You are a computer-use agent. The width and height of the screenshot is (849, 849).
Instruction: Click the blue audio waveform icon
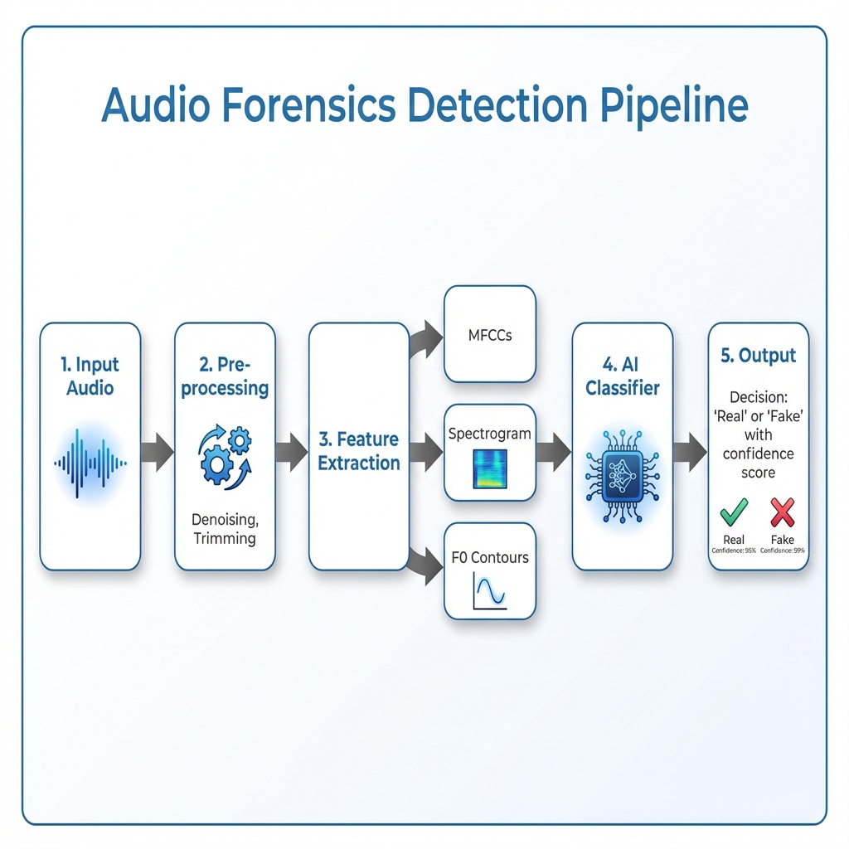coord(90,463)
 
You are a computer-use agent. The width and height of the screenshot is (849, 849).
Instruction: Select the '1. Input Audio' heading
coord(90,376)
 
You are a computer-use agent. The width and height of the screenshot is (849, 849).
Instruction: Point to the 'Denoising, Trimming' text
coord(225,528)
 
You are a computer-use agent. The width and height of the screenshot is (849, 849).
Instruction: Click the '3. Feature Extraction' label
coord(359,451)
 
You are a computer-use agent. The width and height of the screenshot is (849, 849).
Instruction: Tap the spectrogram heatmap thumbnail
coord(490,468)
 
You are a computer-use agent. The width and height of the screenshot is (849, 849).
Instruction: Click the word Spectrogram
coord(490,433)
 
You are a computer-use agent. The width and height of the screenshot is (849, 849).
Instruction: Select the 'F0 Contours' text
coord(490,557)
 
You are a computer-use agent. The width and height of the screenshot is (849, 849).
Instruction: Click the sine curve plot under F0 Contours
coord(490,594)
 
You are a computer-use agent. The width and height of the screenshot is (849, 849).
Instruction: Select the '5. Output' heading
coord(758,355)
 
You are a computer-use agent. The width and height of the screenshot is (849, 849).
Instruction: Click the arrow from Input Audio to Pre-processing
coord(158,452)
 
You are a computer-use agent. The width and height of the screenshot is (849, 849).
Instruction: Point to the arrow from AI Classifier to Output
coord(690,452)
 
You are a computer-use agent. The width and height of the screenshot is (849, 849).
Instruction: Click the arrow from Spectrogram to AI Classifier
coord(554,452)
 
